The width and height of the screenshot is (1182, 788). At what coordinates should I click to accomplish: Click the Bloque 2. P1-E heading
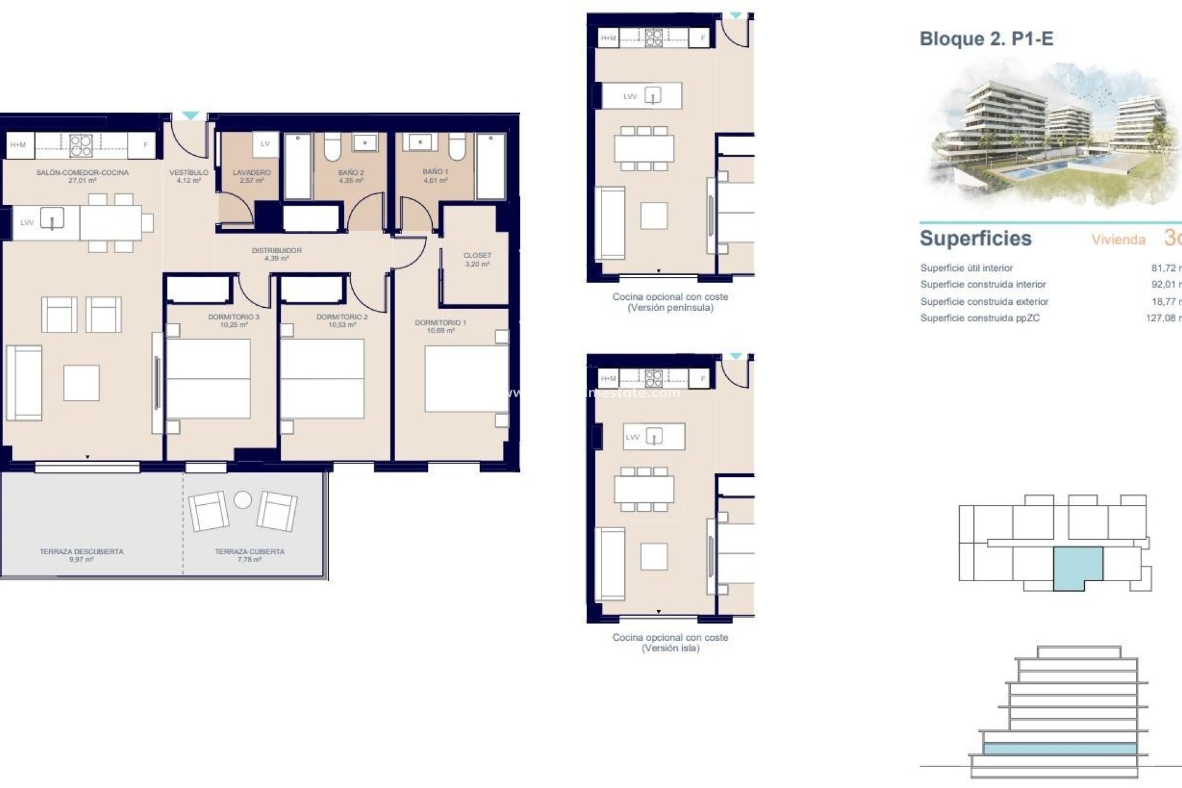pyautogui.click(x=986, y=39)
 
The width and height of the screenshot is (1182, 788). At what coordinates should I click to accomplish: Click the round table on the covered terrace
pyautogui.click(x=243, y=499)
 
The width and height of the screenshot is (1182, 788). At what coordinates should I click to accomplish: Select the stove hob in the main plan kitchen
pyautogui.click(x=81, y=145)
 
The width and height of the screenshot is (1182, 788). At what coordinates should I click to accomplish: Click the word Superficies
pyautogui.click(x=975, y=238)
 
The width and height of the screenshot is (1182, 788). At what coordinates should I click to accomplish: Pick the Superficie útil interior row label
pyautogui.click(x=966, y=268)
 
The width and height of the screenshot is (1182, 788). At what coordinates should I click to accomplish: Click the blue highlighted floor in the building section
pyautogui.click(x=1059, y=749)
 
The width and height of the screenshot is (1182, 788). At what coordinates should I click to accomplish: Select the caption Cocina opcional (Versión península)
pyautogui.click(x=670, y=302)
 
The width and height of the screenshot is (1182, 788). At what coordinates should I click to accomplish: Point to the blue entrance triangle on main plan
pyautogui.click(x=190, y=116)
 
